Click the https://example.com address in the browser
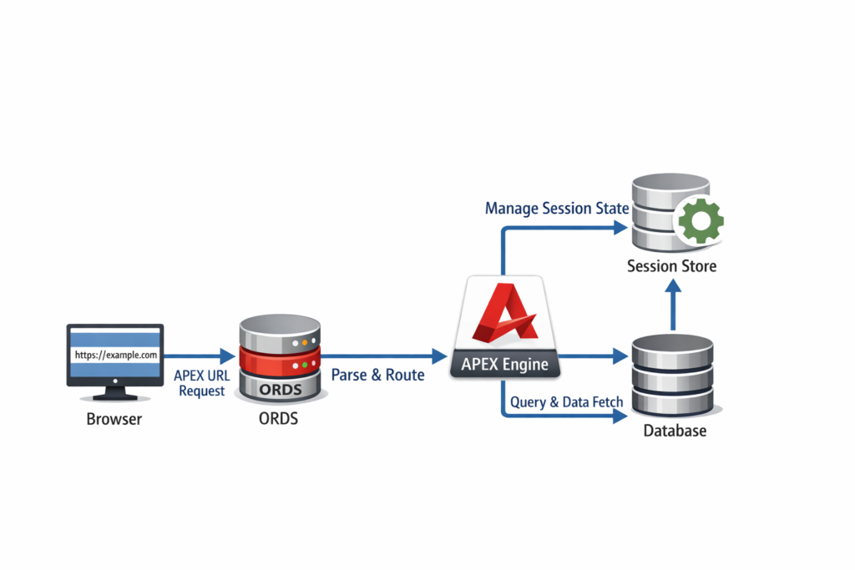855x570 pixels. [x=115, y=355]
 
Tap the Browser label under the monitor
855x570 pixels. [x=114, y=419]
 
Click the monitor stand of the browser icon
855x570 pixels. [x=115, y=391]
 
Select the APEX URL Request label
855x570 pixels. [x=201, y=383]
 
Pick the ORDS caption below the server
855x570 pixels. [x=279, y=419]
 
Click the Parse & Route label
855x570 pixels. [x=377, y=375]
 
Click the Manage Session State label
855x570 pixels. [x=556, y=208]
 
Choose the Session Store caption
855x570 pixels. [x=671, y=267]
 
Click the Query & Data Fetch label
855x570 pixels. [x=566, y=402]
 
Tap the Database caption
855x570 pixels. [x=675, y=431]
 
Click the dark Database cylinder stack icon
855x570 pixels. [x=673, y=375]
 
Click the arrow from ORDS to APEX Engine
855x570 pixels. [x=380, y=356]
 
